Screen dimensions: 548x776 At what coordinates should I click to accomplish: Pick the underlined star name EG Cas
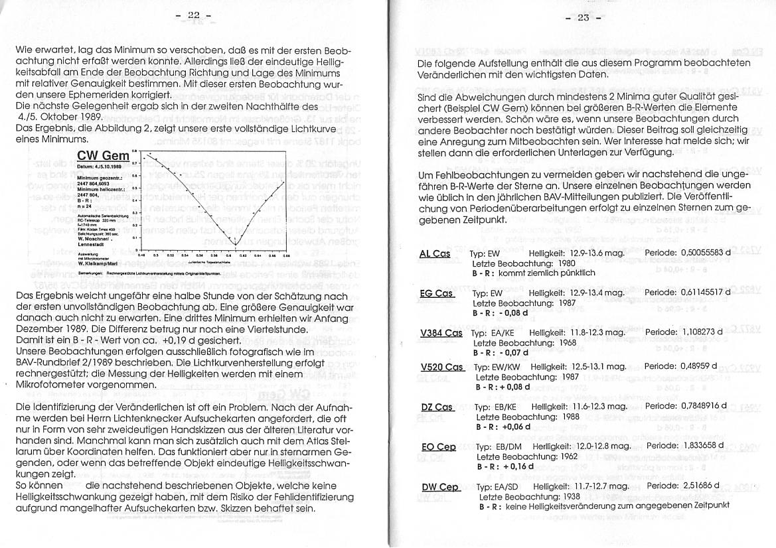(436, 293)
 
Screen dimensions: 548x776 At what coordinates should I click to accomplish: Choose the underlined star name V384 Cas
(441, 332)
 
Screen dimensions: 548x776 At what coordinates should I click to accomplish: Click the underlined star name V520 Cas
(441, 367)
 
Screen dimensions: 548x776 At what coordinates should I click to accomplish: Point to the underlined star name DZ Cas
(437, 407)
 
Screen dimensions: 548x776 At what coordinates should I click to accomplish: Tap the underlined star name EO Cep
(438, 447)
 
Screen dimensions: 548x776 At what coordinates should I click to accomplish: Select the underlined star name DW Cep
(440, 487)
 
